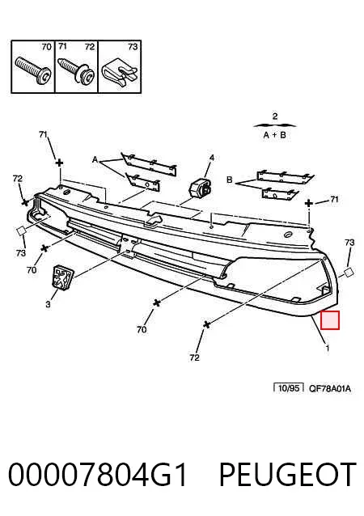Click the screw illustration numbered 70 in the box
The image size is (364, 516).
point(33,70)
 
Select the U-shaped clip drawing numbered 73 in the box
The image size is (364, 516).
point(119,72)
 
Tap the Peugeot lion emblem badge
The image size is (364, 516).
point(62,277)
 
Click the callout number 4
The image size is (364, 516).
point(212,158)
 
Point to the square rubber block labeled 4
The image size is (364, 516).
point(200,189)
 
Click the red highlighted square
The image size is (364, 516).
point(330,320)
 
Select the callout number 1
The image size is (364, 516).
point(327,348)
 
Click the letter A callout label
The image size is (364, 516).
point(95,160)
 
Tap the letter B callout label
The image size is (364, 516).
point(230,180)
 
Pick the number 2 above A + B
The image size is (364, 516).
point(275,116)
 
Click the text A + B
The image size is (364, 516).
point(275,135)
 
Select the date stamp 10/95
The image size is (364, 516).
point(289,388)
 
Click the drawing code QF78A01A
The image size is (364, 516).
point(330,389)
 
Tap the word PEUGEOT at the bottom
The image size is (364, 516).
point(288,474)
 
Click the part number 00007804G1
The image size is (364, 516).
point(97,474)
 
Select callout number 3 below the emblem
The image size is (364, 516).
point(48,304)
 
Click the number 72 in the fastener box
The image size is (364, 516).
point(90,47)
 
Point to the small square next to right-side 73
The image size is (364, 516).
point(349,272)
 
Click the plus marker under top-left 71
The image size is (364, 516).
point(59,163)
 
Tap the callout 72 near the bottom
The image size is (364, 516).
point(194,357)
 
